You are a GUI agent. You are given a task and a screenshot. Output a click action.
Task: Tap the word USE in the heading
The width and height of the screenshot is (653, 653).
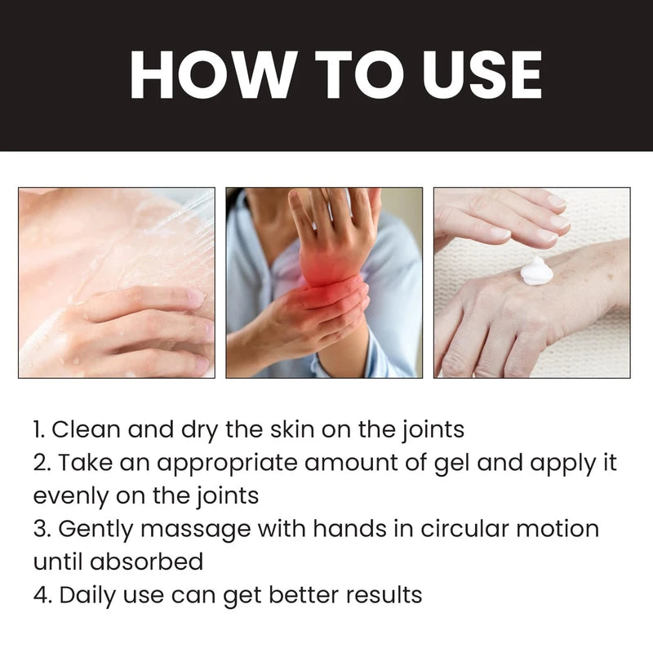(x=461, y=75)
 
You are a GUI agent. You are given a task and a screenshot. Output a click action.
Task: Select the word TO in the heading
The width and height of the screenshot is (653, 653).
(x=330, y=75)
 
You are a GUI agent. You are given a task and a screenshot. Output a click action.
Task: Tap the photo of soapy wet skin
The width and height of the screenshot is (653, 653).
(x=117, y=282)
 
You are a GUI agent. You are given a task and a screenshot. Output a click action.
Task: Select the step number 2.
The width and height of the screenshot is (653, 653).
(x=41, y=462)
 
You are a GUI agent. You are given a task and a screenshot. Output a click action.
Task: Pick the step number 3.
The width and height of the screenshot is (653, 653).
(x=41, y=528)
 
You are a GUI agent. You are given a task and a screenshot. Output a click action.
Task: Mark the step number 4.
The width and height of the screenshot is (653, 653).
(x=41, y=594)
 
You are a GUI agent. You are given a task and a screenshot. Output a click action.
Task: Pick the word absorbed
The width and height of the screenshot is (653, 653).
(x=155, y=562)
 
